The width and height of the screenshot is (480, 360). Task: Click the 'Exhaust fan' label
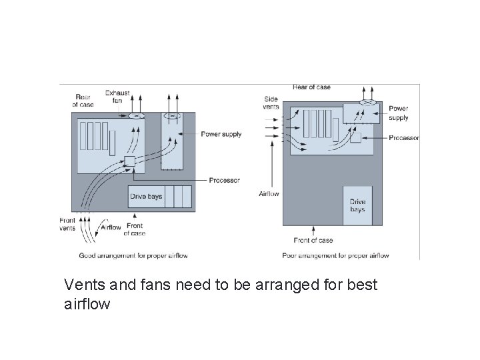117,97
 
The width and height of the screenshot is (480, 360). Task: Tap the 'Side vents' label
271,103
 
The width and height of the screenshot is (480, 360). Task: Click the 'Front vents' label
67,225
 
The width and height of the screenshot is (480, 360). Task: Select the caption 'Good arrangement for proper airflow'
133,255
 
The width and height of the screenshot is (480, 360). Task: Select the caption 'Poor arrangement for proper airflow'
335,255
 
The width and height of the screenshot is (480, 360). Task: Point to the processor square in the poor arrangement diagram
355,137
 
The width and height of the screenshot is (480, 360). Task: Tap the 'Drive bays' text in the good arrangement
146,197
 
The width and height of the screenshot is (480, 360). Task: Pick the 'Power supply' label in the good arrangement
222,134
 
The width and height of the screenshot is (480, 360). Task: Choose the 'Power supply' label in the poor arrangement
399,113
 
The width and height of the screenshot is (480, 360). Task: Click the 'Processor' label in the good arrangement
224,181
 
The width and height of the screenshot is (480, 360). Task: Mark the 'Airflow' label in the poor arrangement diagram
269,194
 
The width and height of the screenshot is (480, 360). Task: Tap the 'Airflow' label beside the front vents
111,227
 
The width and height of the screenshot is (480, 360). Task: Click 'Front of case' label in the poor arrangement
313,240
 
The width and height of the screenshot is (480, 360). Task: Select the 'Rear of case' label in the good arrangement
83,100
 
